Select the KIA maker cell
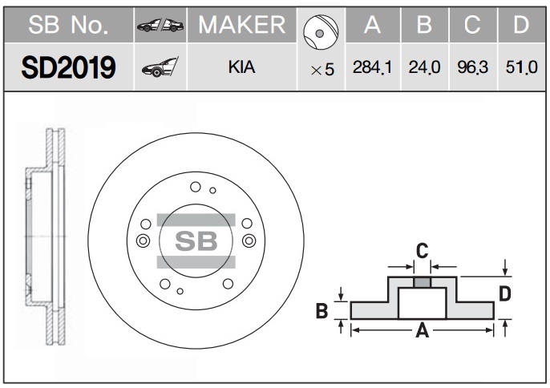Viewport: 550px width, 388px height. (241, 69)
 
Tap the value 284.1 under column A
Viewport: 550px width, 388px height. (372, 69)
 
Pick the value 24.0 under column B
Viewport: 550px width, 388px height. (425, 69)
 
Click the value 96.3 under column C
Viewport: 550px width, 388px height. (473, 69)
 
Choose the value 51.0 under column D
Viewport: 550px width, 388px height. (521, 69)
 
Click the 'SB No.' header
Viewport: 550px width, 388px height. (67, 26)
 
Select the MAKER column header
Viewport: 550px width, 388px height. (241, 26)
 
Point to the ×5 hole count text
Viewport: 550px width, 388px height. (322, 71)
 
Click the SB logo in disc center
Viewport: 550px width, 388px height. (196, 240)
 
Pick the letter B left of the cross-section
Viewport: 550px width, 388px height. (322, 310)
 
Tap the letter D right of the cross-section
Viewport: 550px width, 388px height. (505, 293)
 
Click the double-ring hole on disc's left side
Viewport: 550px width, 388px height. (143, 240)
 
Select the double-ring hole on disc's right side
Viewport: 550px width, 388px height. (249, 240)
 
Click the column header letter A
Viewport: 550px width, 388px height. (371, 26)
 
